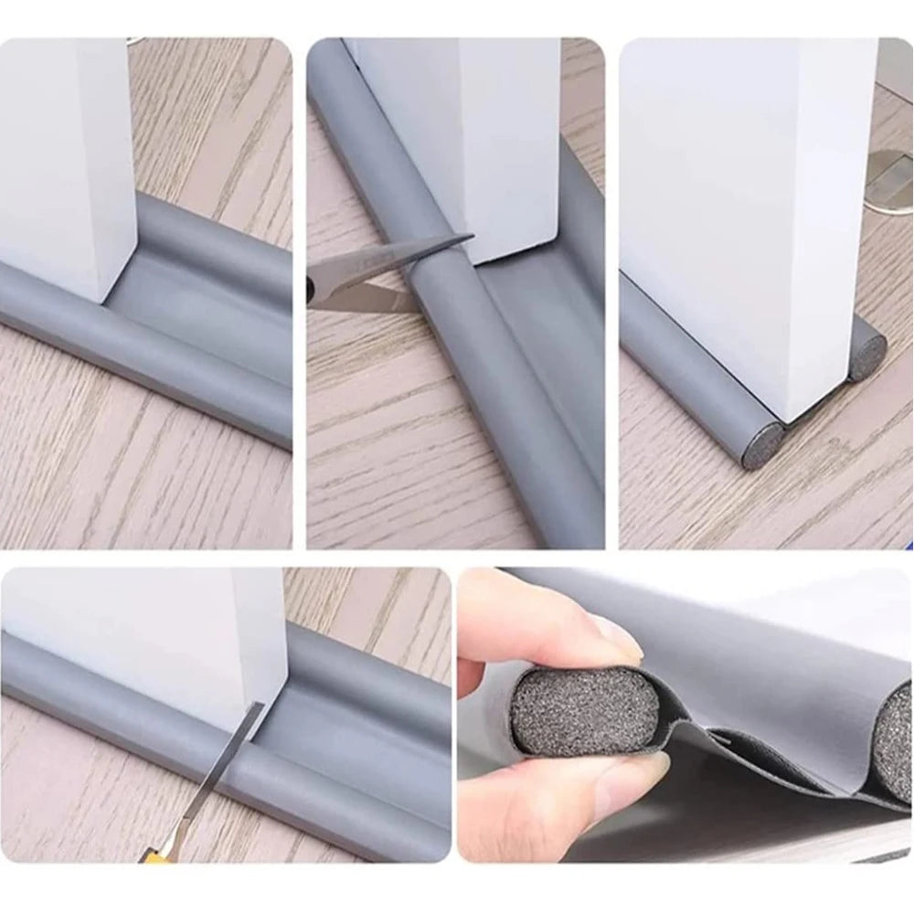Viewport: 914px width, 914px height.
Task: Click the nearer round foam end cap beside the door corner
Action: pyautogui.click(x=761, y=447)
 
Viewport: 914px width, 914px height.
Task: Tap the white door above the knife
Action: pyautogui.click(x=183, y=631)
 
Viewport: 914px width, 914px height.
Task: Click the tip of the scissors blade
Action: pyautogui.click(x=470, y=239)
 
